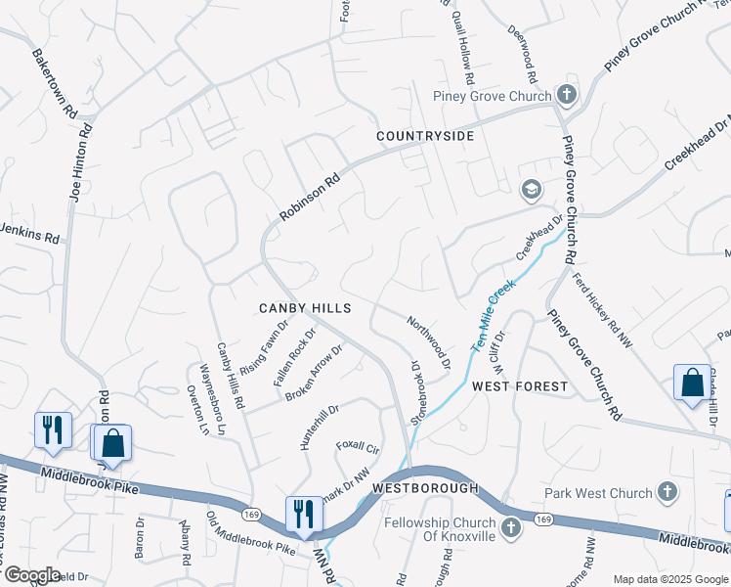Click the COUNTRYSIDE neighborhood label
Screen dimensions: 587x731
[x=425, y=136]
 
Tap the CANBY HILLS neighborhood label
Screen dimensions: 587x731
[x=304, y=308]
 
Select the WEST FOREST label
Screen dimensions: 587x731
[x=520, y=386]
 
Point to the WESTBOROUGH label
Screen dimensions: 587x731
[x=425, y=487]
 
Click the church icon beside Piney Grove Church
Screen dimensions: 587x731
[x=566, y=95]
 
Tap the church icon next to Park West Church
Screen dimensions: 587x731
[x=667, y=491]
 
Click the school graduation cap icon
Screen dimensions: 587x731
[x=532, y=190]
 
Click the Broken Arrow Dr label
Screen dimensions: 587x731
[x=314, y=373]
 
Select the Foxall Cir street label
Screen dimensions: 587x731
[x=358, y=449]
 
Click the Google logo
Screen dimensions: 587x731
[x=31, y=574]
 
